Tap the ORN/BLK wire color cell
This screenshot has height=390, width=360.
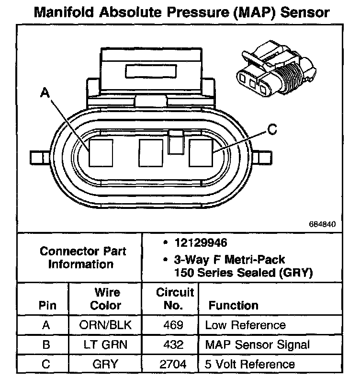(105, 325)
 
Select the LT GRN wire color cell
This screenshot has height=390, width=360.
(105, 344)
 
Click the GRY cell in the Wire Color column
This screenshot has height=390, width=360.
(105, 364)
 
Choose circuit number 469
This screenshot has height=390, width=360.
(172, 325)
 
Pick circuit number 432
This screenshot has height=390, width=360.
(172, 344)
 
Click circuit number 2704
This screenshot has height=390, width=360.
(172, 364)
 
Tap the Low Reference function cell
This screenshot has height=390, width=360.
(246, 325)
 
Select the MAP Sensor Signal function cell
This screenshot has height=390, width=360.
(258, 344)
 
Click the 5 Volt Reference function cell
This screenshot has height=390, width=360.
(250, 364)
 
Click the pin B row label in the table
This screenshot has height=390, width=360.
(46, 344)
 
